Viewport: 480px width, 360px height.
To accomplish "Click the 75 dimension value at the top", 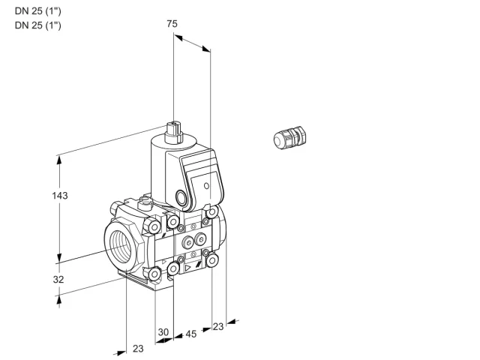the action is pos(172,23).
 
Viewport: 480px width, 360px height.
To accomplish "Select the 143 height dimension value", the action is pos(60,195).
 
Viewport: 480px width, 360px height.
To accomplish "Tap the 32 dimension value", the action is pos(58,279).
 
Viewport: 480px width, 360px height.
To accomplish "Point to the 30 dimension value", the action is pos(163,331).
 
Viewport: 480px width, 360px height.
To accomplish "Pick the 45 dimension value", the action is pos(191,334).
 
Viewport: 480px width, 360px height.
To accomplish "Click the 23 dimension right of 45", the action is pos(218,327).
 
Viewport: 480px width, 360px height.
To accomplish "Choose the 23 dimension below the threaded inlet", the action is pos(138,348).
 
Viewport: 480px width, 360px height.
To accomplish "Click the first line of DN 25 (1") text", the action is pos(38,11).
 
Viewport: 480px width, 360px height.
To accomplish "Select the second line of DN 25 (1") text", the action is pos(38,25).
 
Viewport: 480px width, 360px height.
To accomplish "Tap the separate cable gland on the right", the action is pos(290,137).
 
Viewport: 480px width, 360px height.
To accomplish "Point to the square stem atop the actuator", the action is pos(174,133).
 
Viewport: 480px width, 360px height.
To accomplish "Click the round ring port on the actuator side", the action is pos(181,197).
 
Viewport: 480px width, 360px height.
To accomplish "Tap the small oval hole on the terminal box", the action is pos(207,186).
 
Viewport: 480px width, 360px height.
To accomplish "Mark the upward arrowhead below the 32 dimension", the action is pos(58,301).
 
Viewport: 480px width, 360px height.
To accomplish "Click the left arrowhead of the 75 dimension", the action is pos(178,37).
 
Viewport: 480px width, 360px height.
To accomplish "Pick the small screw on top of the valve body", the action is pos(145,203).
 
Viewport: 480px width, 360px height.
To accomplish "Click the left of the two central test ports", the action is pos(187,243).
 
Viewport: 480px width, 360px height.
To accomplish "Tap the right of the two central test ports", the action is pos(201,238).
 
